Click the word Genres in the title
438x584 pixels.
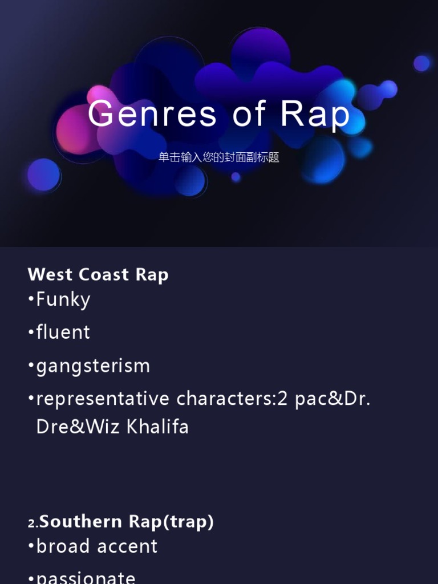(x=152, y=113)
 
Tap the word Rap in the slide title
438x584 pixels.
(x=315, y=113)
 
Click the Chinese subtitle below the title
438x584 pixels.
(x=219, y=157)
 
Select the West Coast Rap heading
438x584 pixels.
(x=98, y=274)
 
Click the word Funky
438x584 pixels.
(x=63, y=299)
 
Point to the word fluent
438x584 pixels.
(x=63, y=332)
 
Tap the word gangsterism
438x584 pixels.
(x=93, y=366)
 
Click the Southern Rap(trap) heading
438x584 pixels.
(x=127, y=521)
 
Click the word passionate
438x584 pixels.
(x=86, y=577)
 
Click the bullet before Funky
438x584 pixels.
(x=31, y=299)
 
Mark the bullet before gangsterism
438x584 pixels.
(x=31, y=366)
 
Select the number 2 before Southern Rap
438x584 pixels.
(x=31, y=522)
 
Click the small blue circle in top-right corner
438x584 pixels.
(x=421, y=63)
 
